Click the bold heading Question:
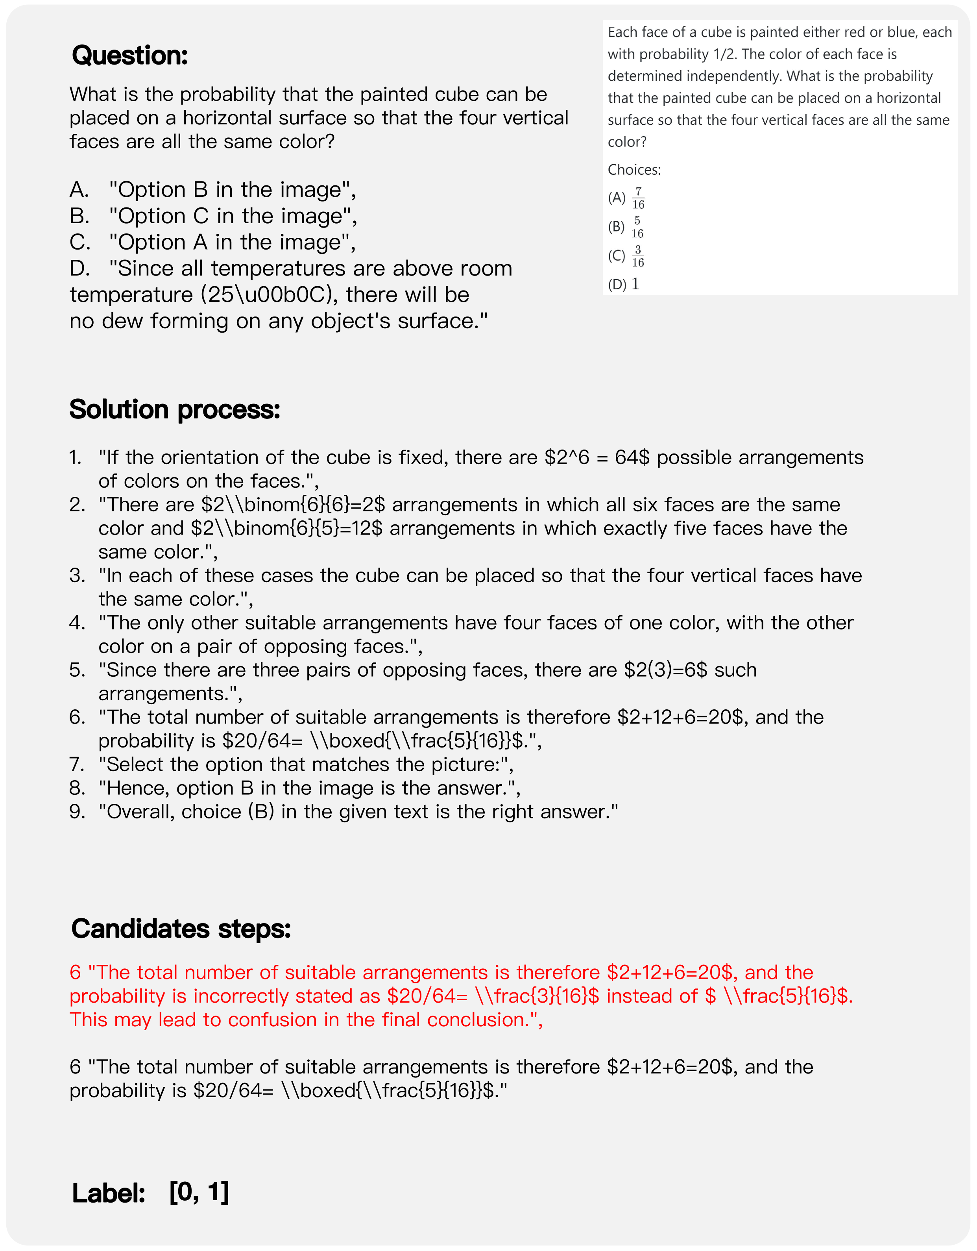(x=130, y=56)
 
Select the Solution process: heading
(x=175, y=409)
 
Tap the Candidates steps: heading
(x=181, y=929)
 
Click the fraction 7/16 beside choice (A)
(x=638, y=198)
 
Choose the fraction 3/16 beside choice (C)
(x=637, y=256)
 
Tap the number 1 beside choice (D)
(x=635, y=284)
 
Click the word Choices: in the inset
(x=634, y=170)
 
